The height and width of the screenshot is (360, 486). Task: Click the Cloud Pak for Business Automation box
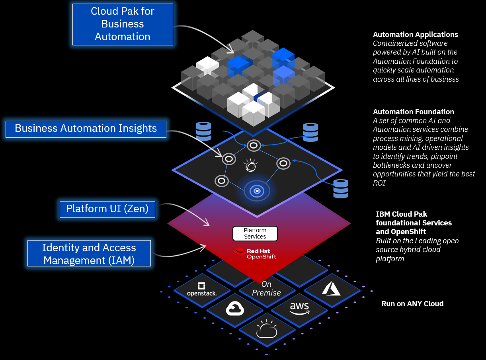coord(123,24)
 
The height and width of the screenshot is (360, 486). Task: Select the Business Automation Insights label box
coord(86,129)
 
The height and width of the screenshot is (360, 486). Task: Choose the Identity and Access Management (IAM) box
coord(89,254)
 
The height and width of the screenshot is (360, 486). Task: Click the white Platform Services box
coord(255,234)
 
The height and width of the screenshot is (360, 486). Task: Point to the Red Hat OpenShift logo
coord(256,253)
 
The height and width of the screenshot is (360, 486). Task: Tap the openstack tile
coord(201,290)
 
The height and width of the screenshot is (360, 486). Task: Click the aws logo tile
coord(299,308)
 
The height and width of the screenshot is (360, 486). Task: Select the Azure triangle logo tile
coord(331,289)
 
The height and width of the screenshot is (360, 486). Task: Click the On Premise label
coord(266,289)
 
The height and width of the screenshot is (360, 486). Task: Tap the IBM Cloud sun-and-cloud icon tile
coord(267,329)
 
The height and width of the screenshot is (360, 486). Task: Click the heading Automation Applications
coord(416,35)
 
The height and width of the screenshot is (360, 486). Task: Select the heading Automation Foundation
coord(414,112)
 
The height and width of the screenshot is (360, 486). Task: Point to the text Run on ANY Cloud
coord(412,304)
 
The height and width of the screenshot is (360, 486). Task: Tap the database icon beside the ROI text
coord(341,188)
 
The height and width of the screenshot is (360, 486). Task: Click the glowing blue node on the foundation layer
coord(257,191)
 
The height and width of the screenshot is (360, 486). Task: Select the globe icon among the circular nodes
coord(251,165)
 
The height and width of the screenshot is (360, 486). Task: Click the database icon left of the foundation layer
coord(203,131)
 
